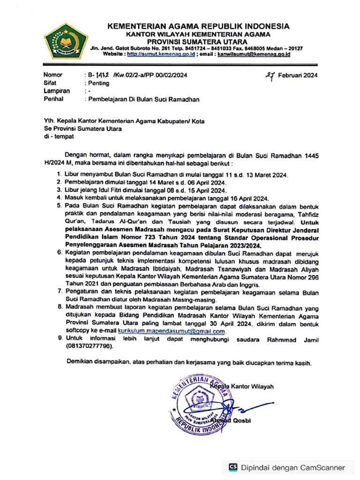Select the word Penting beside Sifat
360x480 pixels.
click(98, 83)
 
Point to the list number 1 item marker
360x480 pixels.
click(59, 174)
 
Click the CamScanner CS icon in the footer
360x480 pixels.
click(233, 467)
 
